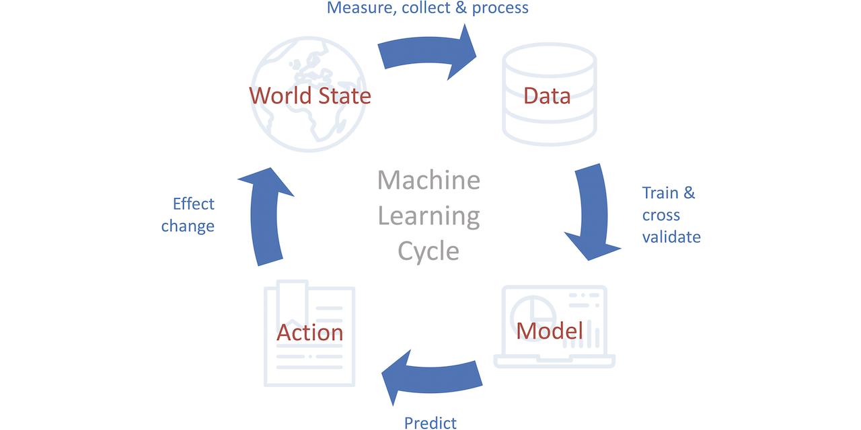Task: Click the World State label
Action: tap(310, 95)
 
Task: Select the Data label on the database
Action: tap(547, 95)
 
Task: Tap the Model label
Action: tap(549, 331)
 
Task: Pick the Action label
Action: tap(310, 332)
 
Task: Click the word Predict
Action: tap(430, 423)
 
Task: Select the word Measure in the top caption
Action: tap(356, 8)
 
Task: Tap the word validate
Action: tap(671, 236)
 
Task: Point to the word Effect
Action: tap(194, 204)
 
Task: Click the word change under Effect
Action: tap(188, 226)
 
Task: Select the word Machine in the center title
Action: tap(428, 180)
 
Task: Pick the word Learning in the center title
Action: tap(428, 216)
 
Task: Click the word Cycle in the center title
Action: tap(428, 251)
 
